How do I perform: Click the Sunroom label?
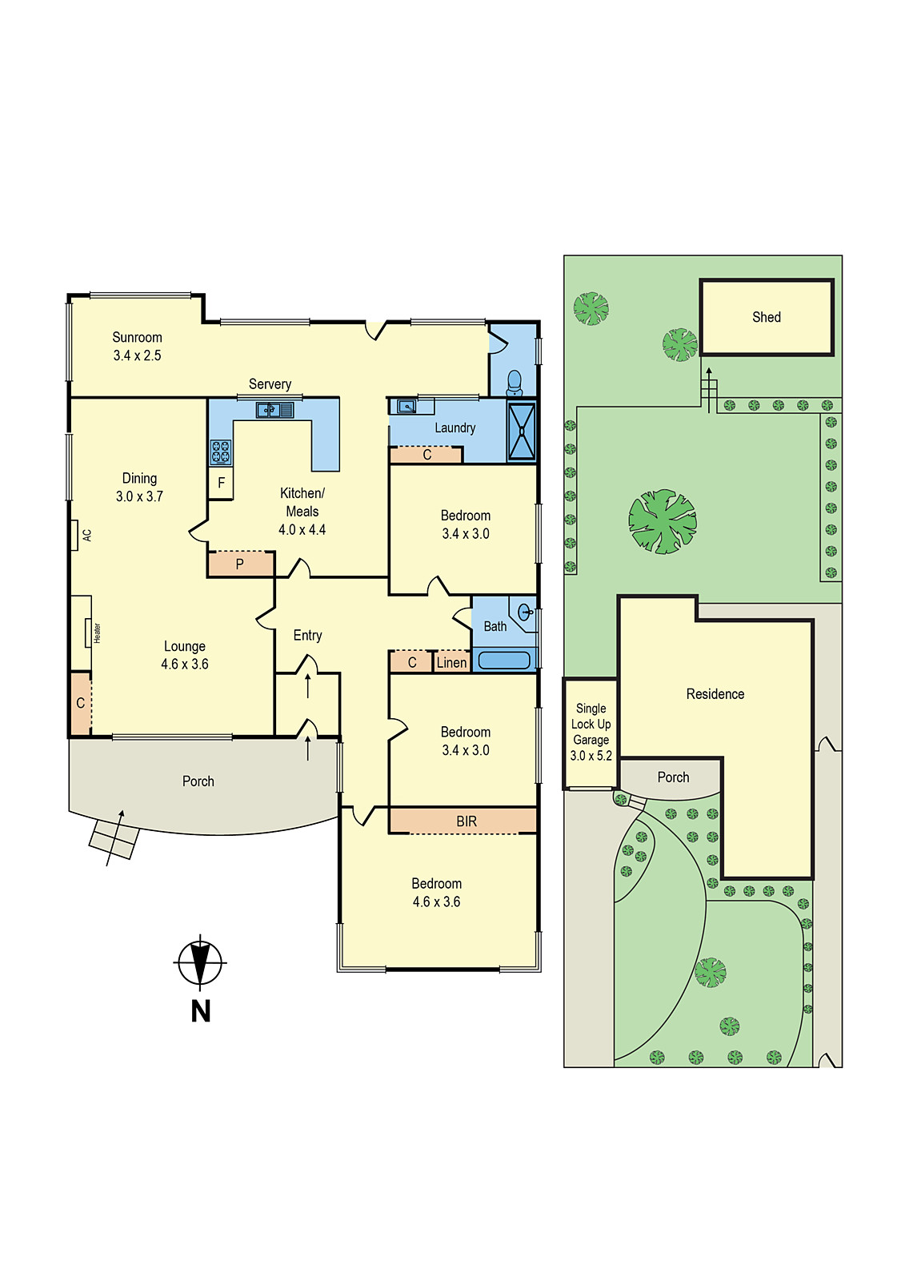137,337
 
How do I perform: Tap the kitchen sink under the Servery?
274,410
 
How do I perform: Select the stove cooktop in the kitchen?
221,452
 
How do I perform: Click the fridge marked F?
221,484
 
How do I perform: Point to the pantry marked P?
239,564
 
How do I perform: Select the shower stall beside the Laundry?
522,431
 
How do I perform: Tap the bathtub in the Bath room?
504,661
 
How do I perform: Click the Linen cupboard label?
451,662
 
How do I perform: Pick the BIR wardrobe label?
467,821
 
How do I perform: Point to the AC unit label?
86,535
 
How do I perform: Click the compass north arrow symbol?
200,961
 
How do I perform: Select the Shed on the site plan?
767,317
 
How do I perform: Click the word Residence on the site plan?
715,694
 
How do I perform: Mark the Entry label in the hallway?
307,635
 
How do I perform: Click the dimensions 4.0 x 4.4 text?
302,529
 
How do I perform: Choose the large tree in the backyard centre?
663,521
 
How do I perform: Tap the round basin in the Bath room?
525,612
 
